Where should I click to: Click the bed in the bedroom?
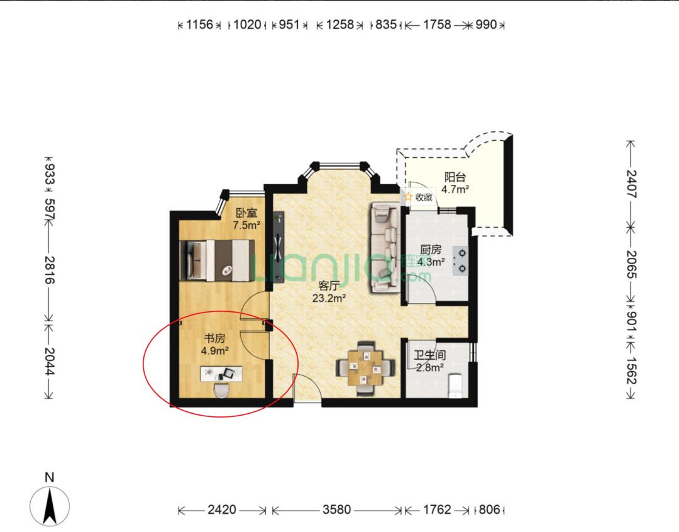coord(218,260)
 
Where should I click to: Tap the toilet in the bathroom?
coord(456,385)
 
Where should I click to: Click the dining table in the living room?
coord(366,368)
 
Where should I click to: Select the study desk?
coord(221,374)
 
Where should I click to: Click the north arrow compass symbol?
coord(50,506)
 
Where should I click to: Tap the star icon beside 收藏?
coord(409,197)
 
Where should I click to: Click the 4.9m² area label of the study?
coord(215,350)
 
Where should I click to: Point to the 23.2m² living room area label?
coord(329,297)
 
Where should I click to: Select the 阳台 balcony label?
coord(455,177)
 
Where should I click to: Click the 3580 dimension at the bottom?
coord(336,509)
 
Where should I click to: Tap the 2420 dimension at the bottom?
coord(222,509)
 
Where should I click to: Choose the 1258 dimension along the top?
coord(340,25)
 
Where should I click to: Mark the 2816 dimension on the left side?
coord(50,270)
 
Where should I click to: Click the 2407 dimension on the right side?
coord(632,184)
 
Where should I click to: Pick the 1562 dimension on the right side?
coord(632,370)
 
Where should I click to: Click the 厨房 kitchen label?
coord(431,250)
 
